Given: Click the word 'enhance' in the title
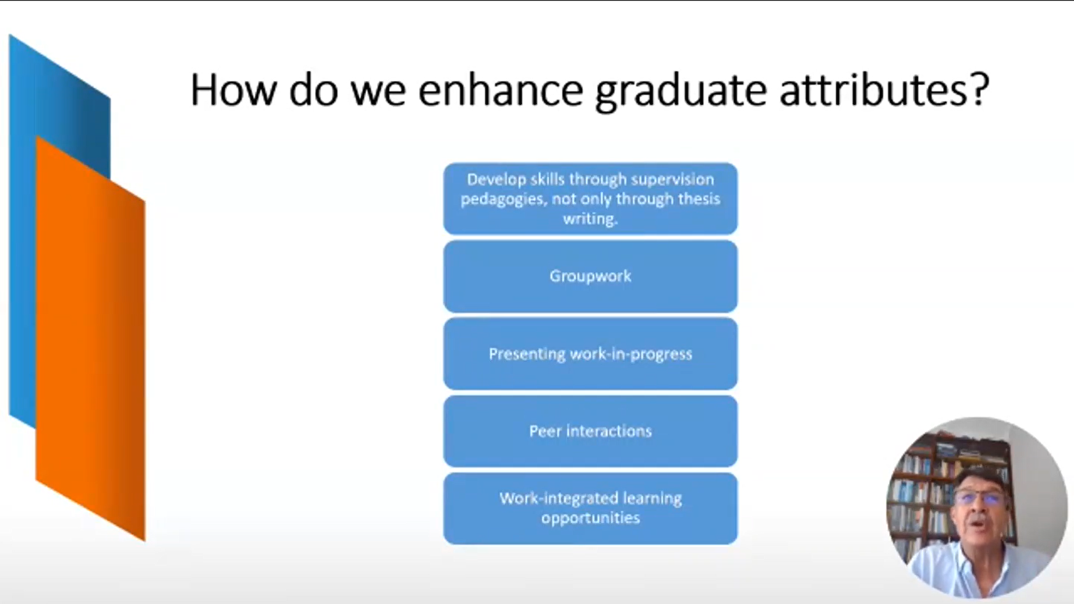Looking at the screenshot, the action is [501, 90].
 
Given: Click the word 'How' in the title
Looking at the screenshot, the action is [233, 90].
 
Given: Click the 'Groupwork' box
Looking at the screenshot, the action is [590, 276].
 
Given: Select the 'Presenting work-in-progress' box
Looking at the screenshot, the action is [590, 354].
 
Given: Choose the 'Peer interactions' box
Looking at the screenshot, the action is [590, 431].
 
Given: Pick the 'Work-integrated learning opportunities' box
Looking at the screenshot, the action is [590, 509].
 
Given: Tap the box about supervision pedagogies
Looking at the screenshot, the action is [590, 199].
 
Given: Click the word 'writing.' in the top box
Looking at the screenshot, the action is [590, 219].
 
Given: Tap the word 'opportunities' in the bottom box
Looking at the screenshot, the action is [590, 518].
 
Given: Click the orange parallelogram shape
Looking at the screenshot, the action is [91, 337].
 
